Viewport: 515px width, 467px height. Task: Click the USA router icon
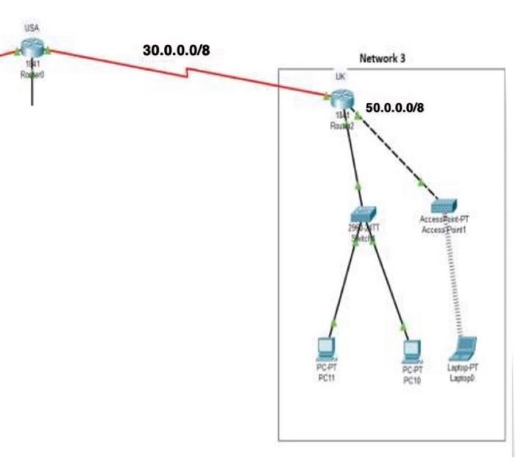[x=32, y=48]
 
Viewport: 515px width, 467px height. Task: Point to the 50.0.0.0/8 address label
[x=395, y=107]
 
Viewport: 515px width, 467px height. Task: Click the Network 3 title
[x=382, y=57]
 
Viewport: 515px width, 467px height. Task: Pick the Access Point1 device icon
[x=444, y=206]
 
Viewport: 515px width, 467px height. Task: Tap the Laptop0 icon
[x=464, y=346]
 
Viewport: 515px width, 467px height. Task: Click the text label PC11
[x=326, y=377]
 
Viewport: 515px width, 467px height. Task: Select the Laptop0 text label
[x=463, y=378]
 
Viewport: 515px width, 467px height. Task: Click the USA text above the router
[x=32, y=28]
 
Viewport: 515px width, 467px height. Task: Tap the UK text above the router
[x=340, y=76]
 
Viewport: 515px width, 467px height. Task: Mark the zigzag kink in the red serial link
[x=189, y=71]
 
